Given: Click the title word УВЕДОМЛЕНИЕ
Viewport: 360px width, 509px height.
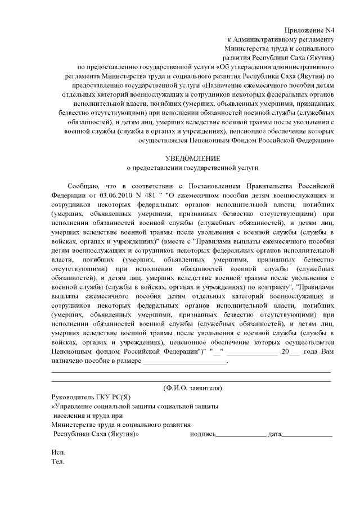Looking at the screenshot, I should (192, 158).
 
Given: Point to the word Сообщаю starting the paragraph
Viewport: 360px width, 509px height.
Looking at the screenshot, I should (83, 185).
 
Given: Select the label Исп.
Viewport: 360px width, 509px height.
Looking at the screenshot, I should (57, 453).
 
